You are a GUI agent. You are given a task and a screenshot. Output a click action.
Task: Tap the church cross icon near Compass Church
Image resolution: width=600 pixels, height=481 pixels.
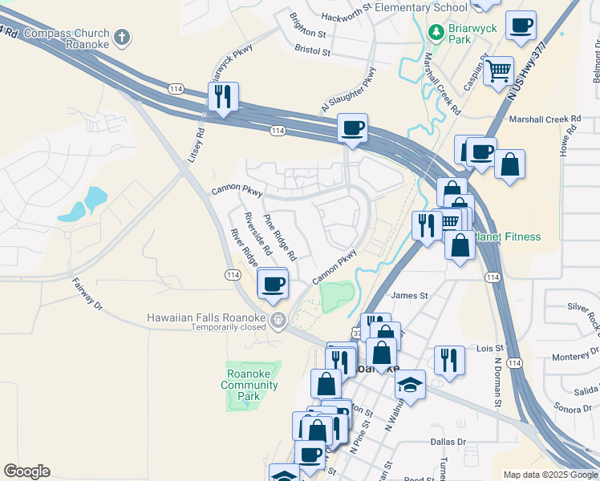coord(121,37)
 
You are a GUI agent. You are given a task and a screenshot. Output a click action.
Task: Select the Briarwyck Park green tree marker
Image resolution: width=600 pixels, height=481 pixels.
coord(436,33)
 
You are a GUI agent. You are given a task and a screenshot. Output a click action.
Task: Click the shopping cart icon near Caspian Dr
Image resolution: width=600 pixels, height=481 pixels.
coord(499,71)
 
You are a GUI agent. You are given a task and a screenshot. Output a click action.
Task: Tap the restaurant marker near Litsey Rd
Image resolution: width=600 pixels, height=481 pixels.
coord(223,97)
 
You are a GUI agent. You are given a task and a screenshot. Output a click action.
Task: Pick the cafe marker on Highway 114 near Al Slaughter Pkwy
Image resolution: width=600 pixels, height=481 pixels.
coord(353,128)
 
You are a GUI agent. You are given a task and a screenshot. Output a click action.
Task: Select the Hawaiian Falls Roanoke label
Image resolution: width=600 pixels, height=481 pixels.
coord(205,317)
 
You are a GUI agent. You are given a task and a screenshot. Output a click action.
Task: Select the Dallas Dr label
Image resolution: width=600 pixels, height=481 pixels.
coord(448,442)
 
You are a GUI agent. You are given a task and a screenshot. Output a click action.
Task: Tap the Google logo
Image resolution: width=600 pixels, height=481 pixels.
coord(26,471)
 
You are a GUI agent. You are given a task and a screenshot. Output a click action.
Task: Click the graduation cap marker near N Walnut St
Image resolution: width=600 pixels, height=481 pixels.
coord(409,386)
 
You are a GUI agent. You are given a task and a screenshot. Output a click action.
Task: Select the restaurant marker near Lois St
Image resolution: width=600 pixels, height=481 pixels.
coord(449,360)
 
